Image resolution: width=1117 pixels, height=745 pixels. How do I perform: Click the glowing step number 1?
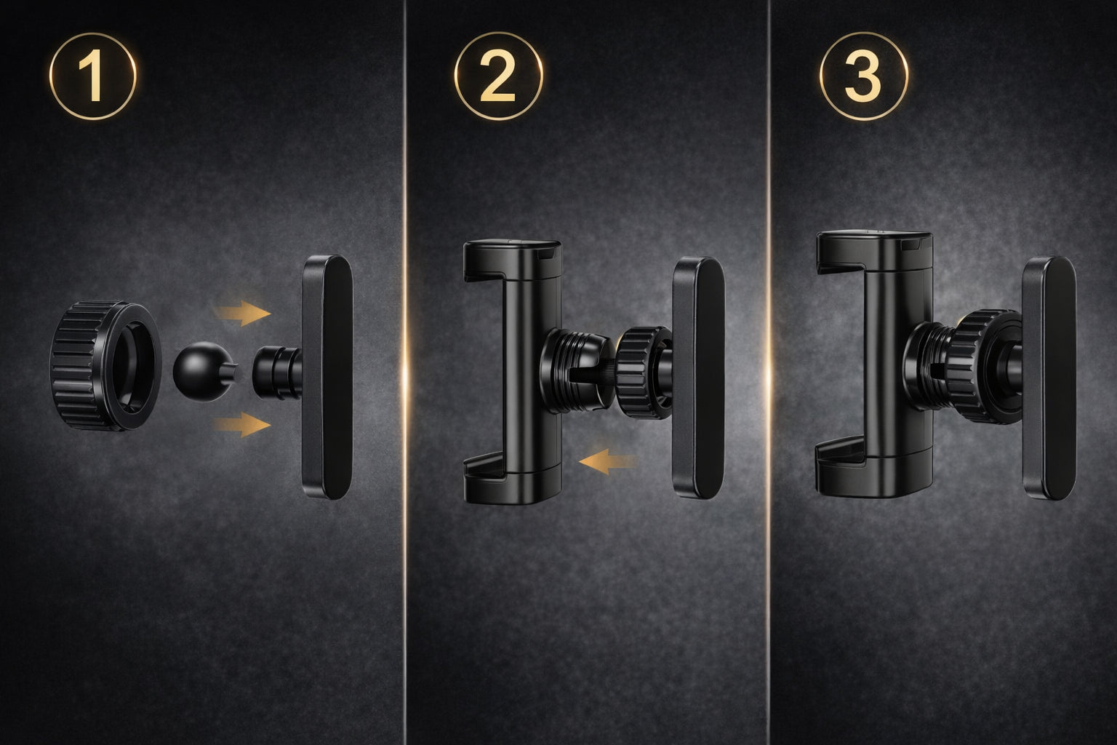93,76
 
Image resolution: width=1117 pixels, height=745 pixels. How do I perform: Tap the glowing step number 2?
499,76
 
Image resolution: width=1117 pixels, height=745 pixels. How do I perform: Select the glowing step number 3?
864,76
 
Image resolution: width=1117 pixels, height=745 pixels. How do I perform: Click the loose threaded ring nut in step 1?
105,364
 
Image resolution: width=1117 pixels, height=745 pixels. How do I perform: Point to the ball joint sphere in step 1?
204,371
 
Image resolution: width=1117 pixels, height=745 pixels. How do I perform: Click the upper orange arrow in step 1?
243,314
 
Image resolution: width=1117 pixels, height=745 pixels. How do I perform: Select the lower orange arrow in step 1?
243,425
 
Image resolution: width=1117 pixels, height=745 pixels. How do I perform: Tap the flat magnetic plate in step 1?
328,378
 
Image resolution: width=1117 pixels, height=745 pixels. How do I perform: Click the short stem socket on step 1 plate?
277,372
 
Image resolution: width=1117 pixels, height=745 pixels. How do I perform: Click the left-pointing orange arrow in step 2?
609,461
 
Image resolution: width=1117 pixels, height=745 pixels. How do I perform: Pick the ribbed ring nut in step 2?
644,372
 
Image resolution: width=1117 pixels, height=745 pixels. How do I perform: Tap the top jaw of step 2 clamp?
513,260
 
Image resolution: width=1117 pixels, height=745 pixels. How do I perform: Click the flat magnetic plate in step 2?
698,378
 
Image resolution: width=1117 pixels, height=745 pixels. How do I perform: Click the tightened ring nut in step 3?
983,367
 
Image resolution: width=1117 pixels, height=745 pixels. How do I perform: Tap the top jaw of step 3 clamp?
874,252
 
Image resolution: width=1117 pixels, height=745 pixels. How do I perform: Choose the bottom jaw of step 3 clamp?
874,471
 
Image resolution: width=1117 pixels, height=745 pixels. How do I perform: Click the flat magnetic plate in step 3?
1049,378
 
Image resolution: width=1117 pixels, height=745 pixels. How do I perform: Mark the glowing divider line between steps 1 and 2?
404,372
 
